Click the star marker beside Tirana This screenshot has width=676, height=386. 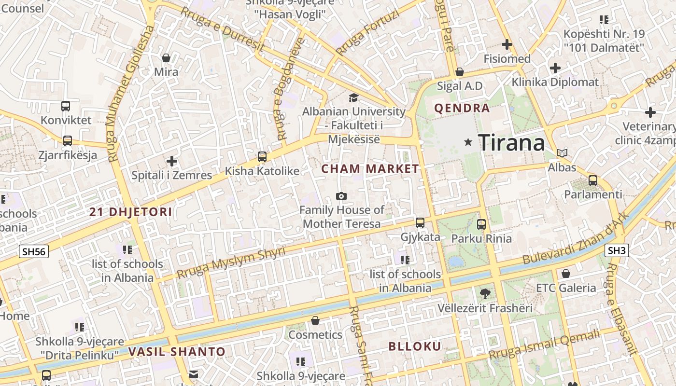click(467, 142)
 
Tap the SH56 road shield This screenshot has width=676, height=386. click(34, 251)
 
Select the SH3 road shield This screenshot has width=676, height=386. click(617, 250)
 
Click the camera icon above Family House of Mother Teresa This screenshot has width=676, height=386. click(341, 196)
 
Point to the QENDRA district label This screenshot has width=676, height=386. click(462, 108)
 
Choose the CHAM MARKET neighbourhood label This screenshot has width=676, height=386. click(370, 169)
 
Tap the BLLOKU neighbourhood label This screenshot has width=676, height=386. click(415, 346)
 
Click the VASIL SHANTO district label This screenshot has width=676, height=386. click(177, 352)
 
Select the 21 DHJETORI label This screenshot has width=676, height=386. click(131, 212)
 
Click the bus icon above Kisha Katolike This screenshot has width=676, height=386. click(262, 156)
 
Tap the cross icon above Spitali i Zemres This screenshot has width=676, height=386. click(172, 161)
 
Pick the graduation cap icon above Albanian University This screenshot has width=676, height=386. click(354, 97)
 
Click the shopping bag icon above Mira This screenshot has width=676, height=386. click(166, 58)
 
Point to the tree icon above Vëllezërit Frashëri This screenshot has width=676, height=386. click(485, 293)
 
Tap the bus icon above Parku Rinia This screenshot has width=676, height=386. click(481, 224)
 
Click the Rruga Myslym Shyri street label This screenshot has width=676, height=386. click(230, 263)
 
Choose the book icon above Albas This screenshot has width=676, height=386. click(562, 153)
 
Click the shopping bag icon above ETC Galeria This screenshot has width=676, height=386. click(566, 274)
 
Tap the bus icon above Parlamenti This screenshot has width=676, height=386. click(593, 180)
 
